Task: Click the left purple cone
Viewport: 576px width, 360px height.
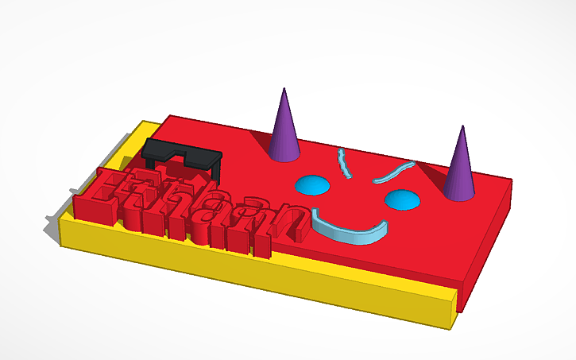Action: pos(284,131)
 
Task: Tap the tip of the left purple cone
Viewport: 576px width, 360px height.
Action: pos(283,91)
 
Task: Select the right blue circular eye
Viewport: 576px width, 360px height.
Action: pos(401,199)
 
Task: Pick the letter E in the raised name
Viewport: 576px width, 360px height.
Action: pos(107,195)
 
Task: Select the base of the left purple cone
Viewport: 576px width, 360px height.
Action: pos(284,155)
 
